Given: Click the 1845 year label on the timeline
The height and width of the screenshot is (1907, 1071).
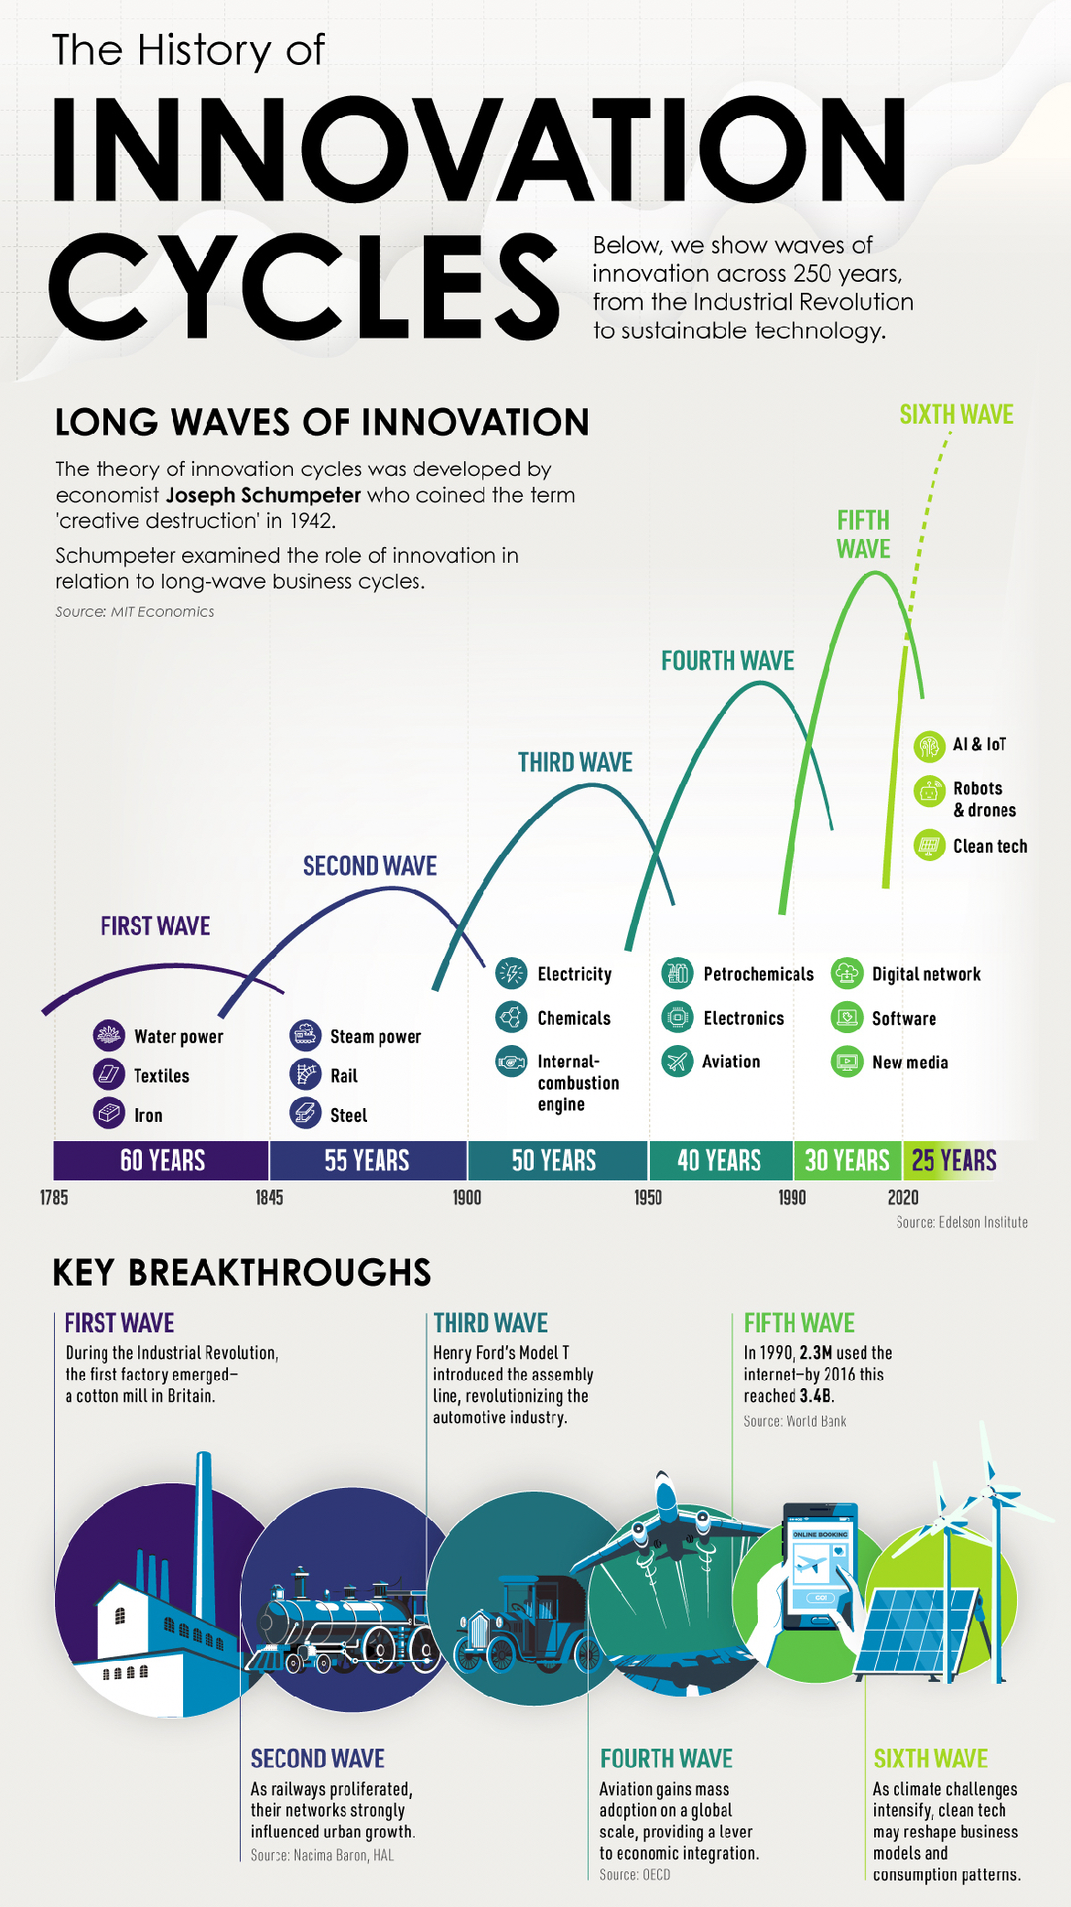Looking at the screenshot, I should pyautogui.click(x=269, y=1197).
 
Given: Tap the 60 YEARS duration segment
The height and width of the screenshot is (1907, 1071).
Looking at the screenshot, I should pyautogui.click(x=162, y=1160).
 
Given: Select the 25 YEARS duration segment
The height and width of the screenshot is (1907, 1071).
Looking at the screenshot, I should pyautogui.click(x=954, y=1160).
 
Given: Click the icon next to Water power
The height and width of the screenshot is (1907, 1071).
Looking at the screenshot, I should pyautogui.click(x=109, y=1036).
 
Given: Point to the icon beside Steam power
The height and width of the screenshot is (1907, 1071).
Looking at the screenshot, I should pyautogui.click(x=305, y=1036).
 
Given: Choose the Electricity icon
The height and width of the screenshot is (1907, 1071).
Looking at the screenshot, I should pyautogui.click(x=511, y=974).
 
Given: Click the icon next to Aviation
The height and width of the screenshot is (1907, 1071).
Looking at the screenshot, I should pyautogui.click(x=677, y=1061).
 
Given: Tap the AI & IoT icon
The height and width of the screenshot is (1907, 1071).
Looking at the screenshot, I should pyautogui.click(x=929, y=745).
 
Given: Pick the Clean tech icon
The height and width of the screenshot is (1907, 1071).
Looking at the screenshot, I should pyautogui.click(x=929, y=846).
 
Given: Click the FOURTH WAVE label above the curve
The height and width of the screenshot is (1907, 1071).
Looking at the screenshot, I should pyautogui.click(x=728, y=661).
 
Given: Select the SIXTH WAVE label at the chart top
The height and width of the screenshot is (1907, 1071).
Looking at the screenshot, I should pyautogui.click(x=956, y=415).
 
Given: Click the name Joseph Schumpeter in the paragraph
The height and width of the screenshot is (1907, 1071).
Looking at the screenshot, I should pyautogui.click(x=264, y=495).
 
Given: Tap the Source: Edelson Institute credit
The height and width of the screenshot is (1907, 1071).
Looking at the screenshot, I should pyautogui.click(x=962, y=1223).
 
